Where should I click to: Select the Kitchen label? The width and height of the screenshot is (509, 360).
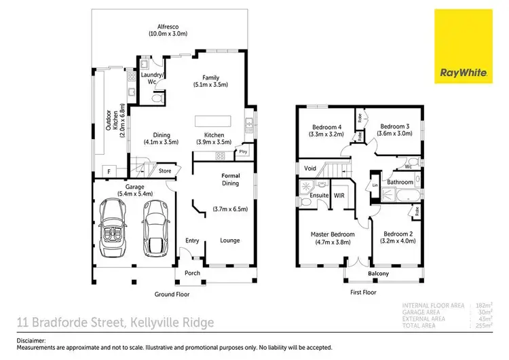click(214, 139)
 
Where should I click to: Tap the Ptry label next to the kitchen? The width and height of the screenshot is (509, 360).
click(243, 152)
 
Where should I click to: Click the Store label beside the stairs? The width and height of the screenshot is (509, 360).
click(165, 171)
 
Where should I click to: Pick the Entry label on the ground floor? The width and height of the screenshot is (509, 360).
click(192, 240)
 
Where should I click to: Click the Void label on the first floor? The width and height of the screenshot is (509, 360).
click(310, 168)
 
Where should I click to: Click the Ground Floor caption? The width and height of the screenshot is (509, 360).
click(172, 294)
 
